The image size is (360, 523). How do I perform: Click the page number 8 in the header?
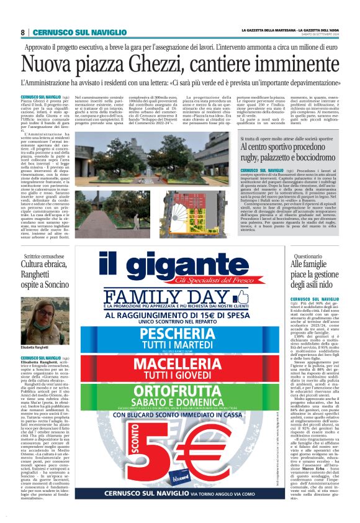click(23, 32)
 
